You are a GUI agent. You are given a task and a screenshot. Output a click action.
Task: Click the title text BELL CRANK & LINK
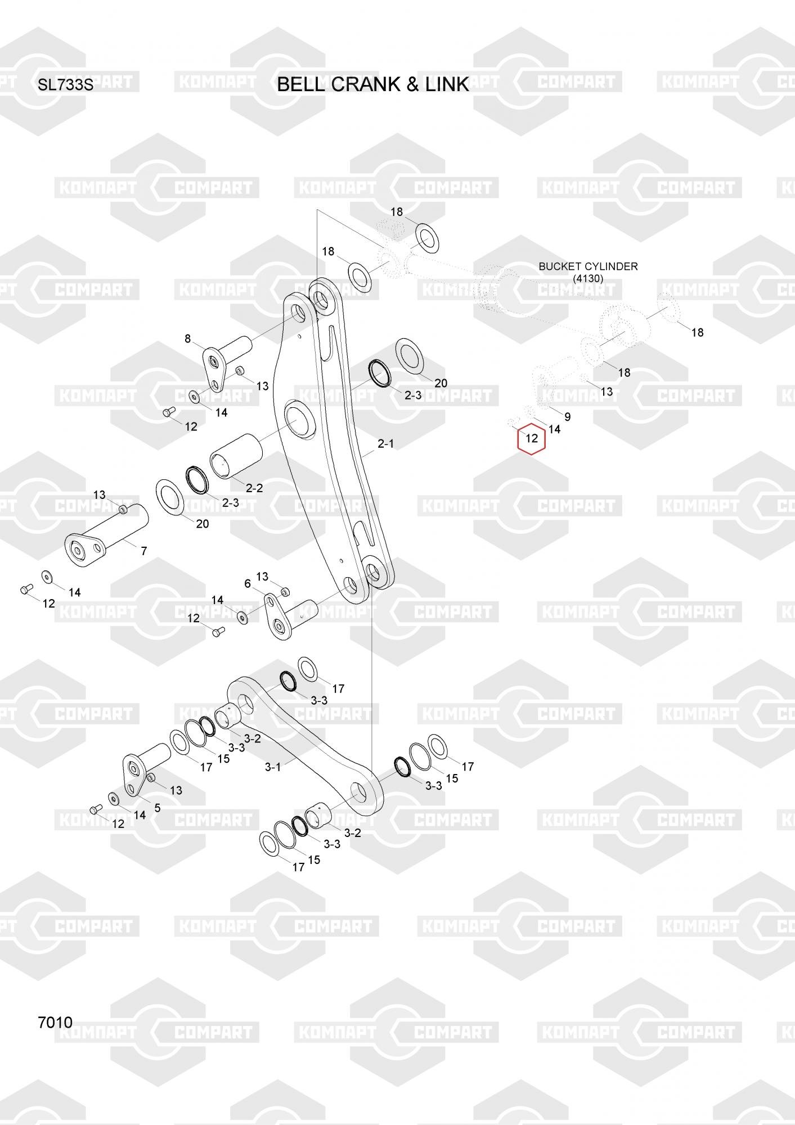372,84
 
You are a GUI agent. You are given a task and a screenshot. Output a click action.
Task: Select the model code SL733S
65,85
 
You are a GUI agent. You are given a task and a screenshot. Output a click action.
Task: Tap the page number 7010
55,1022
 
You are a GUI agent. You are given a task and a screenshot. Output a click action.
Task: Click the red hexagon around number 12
532,438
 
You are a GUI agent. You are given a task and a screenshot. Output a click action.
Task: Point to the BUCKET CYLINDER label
588,266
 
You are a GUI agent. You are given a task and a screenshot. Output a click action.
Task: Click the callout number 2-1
385,444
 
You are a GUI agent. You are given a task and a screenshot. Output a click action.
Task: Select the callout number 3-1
273,767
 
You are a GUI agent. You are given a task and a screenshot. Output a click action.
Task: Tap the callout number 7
144,551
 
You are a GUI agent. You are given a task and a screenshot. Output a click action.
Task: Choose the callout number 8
188,339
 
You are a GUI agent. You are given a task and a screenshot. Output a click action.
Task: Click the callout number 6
247,584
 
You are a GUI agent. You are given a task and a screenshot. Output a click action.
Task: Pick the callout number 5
158,808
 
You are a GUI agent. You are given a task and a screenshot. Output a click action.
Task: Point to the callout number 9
568,417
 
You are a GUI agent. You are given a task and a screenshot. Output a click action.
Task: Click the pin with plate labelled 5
143,765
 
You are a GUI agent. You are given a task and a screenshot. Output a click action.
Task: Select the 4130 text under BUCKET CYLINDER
588,278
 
